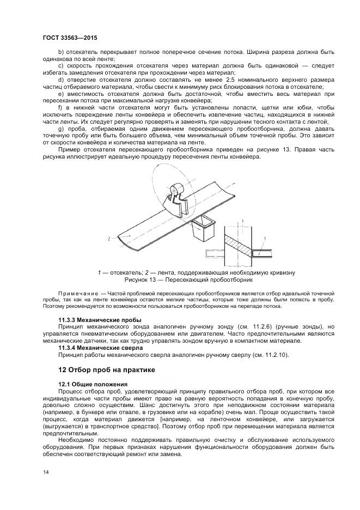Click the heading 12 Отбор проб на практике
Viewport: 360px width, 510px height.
pyautogui.click(x=107, y=369)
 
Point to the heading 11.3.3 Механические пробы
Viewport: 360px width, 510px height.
pyautogui.click(x=100, y=319)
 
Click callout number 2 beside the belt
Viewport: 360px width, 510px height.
pyautogui.click(x=109, y=239)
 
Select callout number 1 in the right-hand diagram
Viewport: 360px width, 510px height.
pyautogui.click(x=265, y=239)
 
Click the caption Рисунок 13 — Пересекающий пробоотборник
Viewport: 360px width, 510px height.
pyautogui.click(x=188, y=280)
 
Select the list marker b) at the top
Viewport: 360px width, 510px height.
pyautogui.click(x=60, y=52)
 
